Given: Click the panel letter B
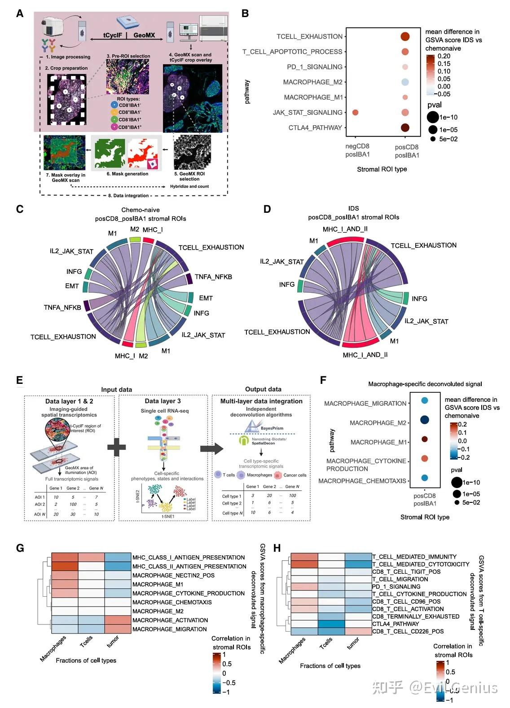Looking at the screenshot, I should pos(245,13).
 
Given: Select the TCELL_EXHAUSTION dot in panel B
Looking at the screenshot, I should pos(405,37).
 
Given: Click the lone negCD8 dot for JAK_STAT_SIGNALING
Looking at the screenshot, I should pos(355,113).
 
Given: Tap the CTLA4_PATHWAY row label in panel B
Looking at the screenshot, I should pos(315,128).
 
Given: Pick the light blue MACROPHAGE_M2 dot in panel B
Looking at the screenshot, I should pos(405,82).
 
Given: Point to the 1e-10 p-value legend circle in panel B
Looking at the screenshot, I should pos(433,117).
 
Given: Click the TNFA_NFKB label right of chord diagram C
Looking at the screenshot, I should pos(213,277).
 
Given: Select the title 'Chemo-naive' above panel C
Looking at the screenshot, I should pos(141,210).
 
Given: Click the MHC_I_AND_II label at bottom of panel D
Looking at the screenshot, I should pos(365,355).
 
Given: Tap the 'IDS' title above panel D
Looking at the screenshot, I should pos(354,208).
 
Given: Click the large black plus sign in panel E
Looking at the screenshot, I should pos(117,447).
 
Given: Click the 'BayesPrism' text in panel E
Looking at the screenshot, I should pos(272,428).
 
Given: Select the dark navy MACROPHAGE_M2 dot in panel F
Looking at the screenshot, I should pos(424,420).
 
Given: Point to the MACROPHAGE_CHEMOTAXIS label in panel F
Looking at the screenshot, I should pos(362,481).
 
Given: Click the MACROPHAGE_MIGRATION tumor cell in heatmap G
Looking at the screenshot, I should pos(118,629).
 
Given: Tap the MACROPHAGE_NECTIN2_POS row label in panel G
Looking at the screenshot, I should pos(173,576).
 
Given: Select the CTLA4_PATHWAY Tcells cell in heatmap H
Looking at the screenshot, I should pos(331,624).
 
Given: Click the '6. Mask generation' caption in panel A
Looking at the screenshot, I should pos(127,174).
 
